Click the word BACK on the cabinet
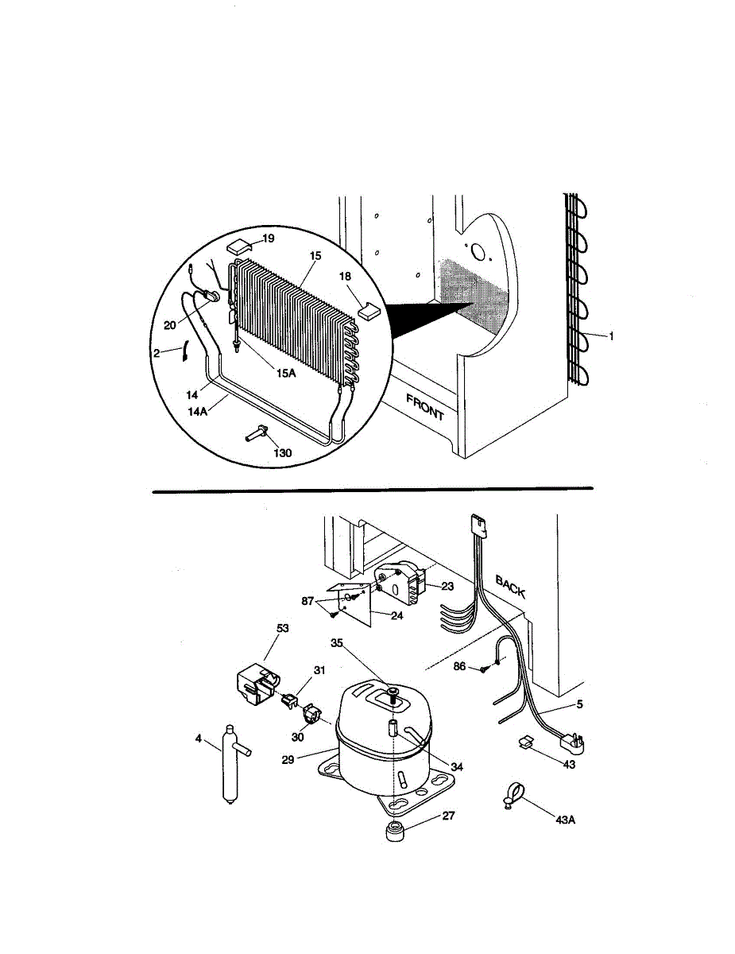510,587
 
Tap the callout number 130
282,453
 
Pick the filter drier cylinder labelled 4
231,762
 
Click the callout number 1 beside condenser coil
612,336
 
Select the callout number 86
459,667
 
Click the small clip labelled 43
525,743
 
